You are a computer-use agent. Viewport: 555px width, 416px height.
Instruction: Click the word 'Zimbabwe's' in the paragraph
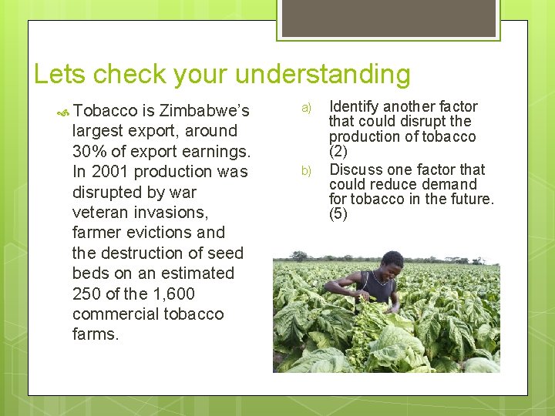pyautogui.click(x=204, y=111)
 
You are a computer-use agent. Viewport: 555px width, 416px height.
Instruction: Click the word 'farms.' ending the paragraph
pyautogui.click(x=96, y=335)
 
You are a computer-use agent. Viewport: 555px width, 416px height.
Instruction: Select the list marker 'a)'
pyautogui.click(x=306, y=107)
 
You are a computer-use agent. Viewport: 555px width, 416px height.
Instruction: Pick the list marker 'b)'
pyautogui.click(x=306, y=170)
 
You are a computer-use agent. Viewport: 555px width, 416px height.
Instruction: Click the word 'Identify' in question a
pyautogui.click(x=355, y=106)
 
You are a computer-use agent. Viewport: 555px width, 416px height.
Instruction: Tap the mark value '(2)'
pyautogui.click(x=338, y=152)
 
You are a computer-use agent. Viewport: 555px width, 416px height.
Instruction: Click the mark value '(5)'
pyautogui.click(x=338, y=214)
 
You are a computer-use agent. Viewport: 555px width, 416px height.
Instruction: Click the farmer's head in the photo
pyautogui.click(x=392, y=260)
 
